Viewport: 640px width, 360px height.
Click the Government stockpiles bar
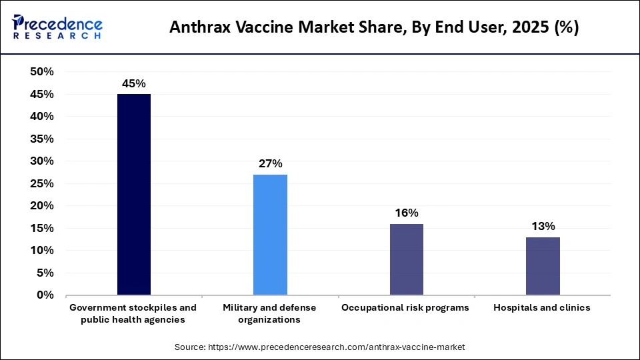point(134,194)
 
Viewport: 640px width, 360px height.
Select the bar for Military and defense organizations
point(270,235)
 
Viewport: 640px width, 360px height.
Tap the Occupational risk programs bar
point(406,259)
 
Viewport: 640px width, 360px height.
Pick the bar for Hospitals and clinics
point(543,265)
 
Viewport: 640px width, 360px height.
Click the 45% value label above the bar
point(134,83)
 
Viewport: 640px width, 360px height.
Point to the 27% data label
point(271,164)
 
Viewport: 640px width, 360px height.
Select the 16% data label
point(407,213)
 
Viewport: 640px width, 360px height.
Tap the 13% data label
point(543,227)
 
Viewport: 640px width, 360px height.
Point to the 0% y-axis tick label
point(46,295)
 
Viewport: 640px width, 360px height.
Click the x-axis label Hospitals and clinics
point(542,308)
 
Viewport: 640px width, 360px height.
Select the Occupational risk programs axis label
point(405,308)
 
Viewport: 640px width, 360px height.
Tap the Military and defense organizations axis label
point(269,313)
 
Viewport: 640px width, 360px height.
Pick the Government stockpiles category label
point(133,313)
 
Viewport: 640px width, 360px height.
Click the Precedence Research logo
point(57,27)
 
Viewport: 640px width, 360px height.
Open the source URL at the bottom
point(319,347)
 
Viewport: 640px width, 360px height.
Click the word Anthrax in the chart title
point(198,27)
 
